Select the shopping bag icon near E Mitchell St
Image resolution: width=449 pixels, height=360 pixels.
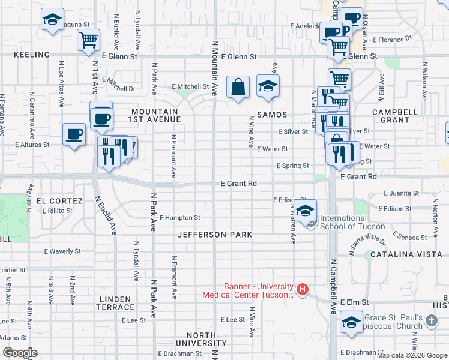(238, 86)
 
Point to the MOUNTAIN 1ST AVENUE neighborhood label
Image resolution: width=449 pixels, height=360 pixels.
(155, 116)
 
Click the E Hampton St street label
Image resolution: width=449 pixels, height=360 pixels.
(179, 218)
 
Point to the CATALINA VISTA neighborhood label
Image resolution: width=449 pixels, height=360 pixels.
(414, 254)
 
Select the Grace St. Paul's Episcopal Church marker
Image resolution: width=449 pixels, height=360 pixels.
(431, 322)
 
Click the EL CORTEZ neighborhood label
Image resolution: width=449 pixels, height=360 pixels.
(59, 200)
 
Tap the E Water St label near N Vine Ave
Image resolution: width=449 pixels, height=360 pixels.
(272, 149)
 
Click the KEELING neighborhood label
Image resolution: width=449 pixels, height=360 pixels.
(31, 55)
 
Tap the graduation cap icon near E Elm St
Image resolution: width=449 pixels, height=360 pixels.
(351, 322)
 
